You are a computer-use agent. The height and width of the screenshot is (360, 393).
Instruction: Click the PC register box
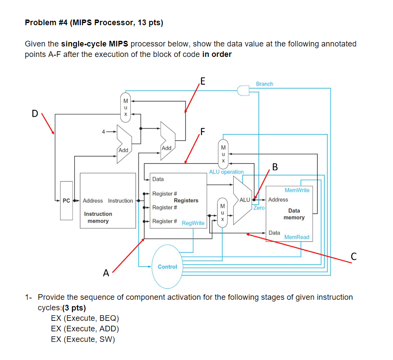(66, 201)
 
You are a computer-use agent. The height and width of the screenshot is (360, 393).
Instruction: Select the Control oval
(168, 267)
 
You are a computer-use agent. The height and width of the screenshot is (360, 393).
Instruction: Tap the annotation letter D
(35, 114)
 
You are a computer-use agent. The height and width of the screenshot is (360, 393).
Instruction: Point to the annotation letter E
(203, 81)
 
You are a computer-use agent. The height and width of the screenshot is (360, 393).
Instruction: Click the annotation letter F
(202, 132)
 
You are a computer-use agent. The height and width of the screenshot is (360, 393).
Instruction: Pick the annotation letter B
(275, 167)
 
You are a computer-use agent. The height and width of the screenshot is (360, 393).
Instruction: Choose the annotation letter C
(353, 257)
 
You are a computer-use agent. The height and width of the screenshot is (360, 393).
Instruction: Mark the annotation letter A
(106, 273)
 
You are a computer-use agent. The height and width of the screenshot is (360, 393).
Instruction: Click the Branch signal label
(264, 84)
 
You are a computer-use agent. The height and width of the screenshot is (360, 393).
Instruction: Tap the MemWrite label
(297, 190)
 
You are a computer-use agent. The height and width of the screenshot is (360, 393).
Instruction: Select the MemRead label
(297, 237)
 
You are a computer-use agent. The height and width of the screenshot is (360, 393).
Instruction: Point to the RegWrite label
(193, 223)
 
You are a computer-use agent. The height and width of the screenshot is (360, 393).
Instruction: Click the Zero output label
(259, 208)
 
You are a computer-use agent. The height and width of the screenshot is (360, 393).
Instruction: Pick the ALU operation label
(226, 172)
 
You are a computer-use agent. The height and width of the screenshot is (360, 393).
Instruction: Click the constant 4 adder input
(103, 132)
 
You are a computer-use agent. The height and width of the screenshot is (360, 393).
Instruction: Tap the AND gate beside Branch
(243, 90)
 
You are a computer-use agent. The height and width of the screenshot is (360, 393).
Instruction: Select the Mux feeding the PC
(125, 107)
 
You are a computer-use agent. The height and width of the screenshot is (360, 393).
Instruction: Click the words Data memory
(294, 214)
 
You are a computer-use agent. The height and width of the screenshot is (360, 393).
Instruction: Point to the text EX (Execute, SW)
(83, 339)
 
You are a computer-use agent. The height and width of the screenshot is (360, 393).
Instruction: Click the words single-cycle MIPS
(95, 44)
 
